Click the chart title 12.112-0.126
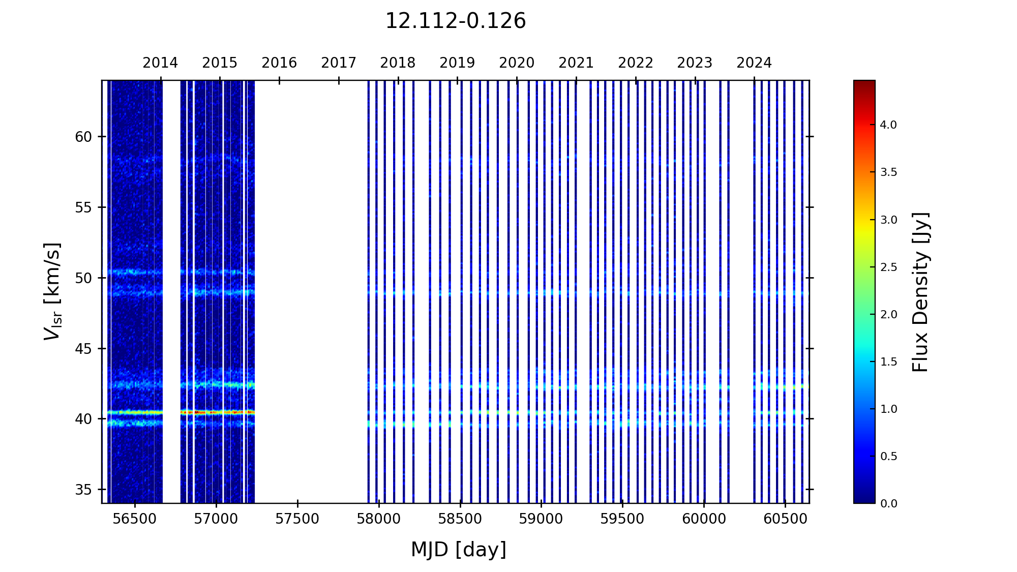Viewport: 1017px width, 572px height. tap(455, 21)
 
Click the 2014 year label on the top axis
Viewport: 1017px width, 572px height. tap(160, 63)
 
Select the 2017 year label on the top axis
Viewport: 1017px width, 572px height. tap(339, 63)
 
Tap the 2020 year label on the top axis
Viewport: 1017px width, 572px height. tap(517, 63)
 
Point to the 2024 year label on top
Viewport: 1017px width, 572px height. tap(754, 63)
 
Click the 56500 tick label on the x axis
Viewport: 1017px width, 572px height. tap(135, 519)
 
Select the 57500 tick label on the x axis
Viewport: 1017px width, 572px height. tap(297, 519)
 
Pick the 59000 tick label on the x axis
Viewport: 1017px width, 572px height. tap(541, 519)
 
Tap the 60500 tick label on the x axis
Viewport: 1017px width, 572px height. tap(785, 519)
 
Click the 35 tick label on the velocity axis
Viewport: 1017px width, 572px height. tap(83, 490)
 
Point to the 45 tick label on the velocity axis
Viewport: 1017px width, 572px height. tap(83, 349)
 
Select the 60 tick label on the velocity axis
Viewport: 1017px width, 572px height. tap(83, 137)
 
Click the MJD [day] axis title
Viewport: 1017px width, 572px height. tap(459, 550)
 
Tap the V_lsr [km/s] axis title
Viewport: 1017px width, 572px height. tap(52, 291)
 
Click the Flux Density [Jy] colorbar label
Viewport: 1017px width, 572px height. tap(920, 292)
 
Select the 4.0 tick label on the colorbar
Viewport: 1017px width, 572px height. tap(888, 125)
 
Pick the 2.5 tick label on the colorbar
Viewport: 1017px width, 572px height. tap(888, 267)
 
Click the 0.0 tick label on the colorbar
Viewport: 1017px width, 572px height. tap(888, 504)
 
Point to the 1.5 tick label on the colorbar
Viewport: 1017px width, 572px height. tap(888, 362)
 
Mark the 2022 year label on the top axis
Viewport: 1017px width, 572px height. tap(636, 63)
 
